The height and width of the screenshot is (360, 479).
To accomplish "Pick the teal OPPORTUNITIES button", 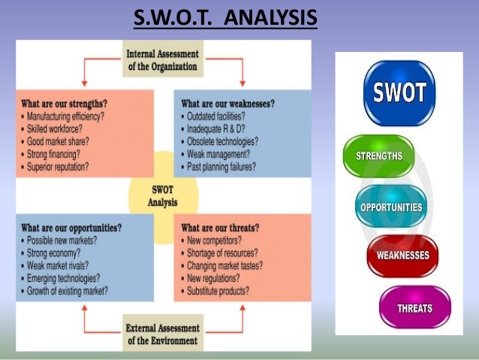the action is click(390, 207).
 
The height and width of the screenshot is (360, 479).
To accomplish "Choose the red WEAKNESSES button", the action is click(402, 256).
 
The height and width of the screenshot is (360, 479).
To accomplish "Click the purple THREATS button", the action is click(414, 308).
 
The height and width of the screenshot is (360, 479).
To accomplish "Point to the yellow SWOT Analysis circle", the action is click(163, 196).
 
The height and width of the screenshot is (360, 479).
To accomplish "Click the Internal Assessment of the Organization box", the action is click(162, 60).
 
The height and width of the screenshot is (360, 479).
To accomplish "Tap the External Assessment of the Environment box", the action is click(162, 332).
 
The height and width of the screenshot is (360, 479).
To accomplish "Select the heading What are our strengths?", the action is click(63, 104).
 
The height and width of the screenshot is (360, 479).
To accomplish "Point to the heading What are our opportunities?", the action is click(71, 228).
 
